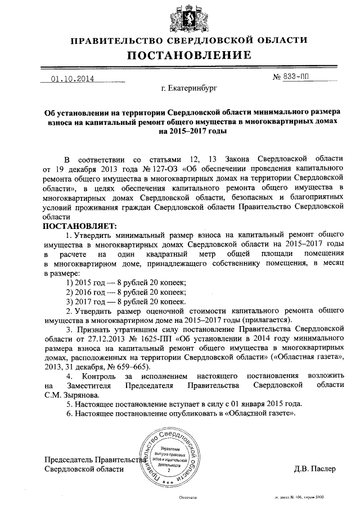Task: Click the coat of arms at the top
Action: tap(181, 17)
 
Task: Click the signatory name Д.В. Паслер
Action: tap(314, 469)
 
